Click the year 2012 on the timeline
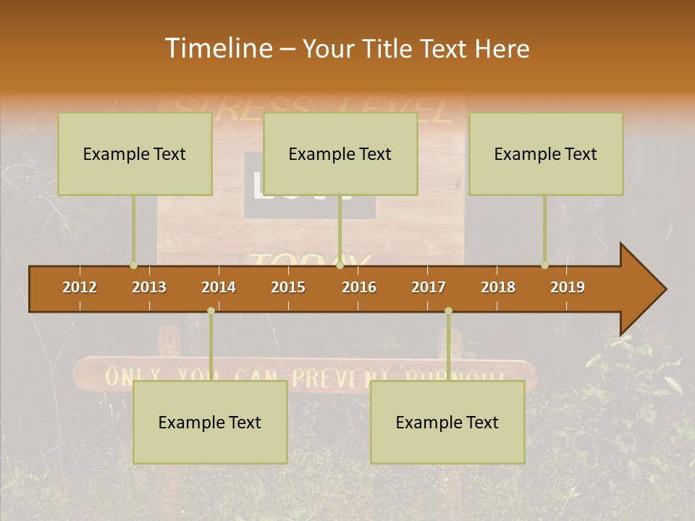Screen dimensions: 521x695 pos(80,287)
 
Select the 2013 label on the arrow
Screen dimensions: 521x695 pos(149,287)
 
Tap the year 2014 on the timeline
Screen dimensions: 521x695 pos(219,287)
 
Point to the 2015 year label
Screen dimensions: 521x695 pos(288,287)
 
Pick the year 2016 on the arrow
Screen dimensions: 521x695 pos(359,287)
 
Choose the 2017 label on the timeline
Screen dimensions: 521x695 pos(429,287)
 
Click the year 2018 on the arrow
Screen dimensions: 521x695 pos(498,287)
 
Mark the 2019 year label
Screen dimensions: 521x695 pos(568,287)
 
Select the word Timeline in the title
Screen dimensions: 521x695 pos(216,48)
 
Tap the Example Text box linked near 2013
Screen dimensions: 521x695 pos(135,153)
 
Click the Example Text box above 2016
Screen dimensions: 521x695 pos(340,153)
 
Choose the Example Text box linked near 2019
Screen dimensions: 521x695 pos(546,153)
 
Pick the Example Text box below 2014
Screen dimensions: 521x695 pos(210,422)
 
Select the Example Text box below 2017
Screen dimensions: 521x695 pos(447,422)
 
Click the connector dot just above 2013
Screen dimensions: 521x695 pos(134,266)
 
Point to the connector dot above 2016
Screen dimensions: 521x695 pos(340,266)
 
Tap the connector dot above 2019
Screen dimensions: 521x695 pos(544,266)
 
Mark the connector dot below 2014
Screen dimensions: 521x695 pos(211,310)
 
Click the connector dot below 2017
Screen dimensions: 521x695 pos(448,310)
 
